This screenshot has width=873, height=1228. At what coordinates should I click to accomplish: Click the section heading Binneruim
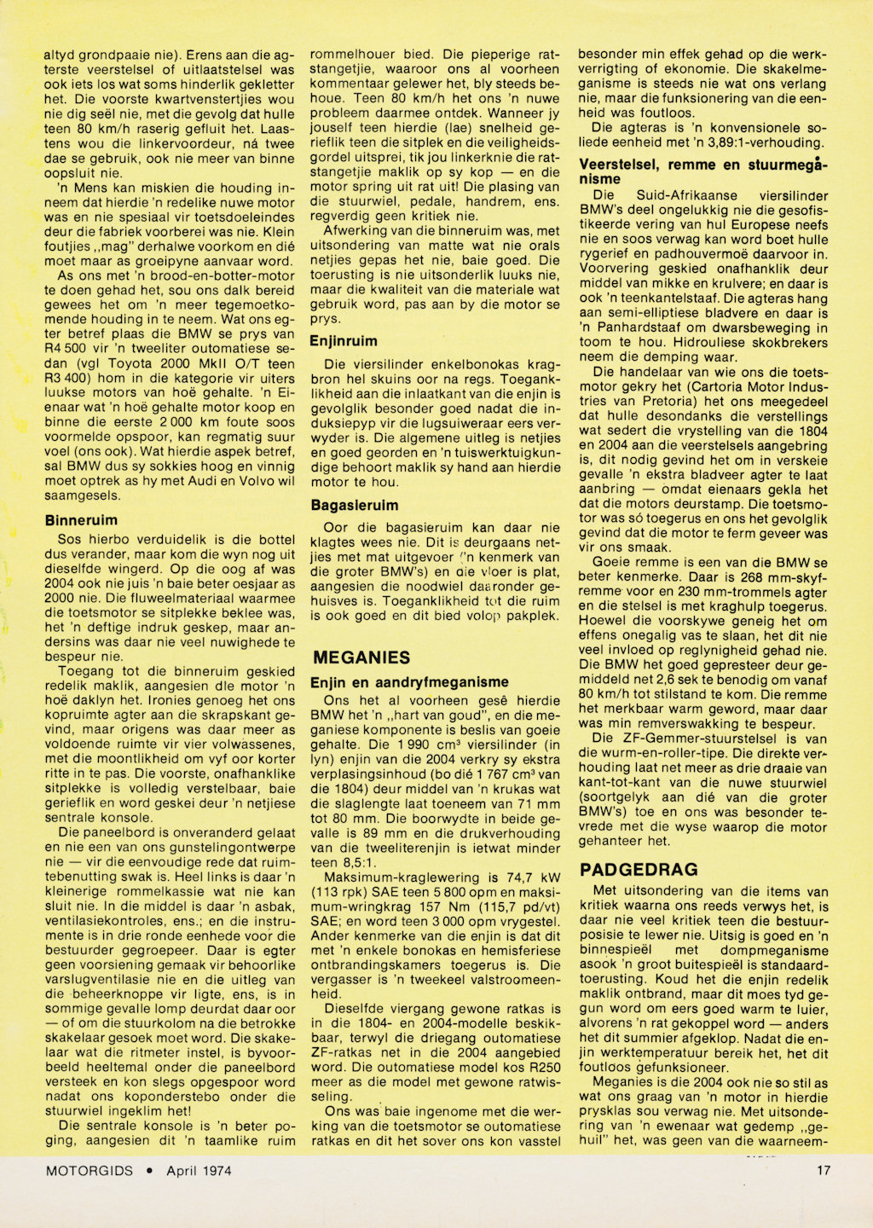81,519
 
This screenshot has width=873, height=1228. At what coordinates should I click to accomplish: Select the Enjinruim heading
344,341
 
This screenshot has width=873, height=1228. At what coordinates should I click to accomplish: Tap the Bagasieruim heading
354,505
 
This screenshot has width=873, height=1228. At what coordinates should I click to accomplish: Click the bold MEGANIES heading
361,657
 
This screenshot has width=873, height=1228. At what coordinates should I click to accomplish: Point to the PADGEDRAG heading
639,870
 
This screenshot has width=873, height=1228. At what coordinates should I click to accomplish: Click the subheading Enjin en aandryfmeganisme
409,682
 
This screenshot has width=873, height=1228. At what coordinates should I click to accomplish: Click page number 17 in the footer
823,1171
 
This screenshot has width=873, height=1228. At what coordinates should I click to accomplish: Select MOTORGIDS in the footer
90,1171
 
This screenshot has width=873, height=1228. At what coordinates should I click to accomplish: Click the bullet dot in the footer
150,1171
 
